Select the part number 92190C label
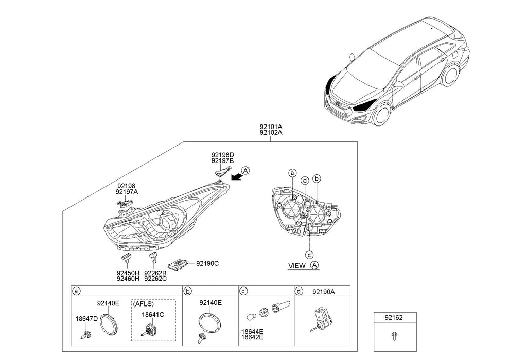207,263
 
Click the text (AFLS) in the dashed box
144,304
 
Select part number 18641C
153,314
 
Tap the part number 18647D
86,319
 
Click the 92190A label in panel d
323,291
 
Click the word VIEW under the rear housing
297,266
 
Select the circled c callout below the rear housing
309,254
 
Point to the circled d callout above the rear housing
305,181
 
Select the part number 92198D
222,154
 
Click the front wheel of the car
381,115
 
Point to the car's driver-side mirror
398,84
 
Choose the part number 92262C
155,279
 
